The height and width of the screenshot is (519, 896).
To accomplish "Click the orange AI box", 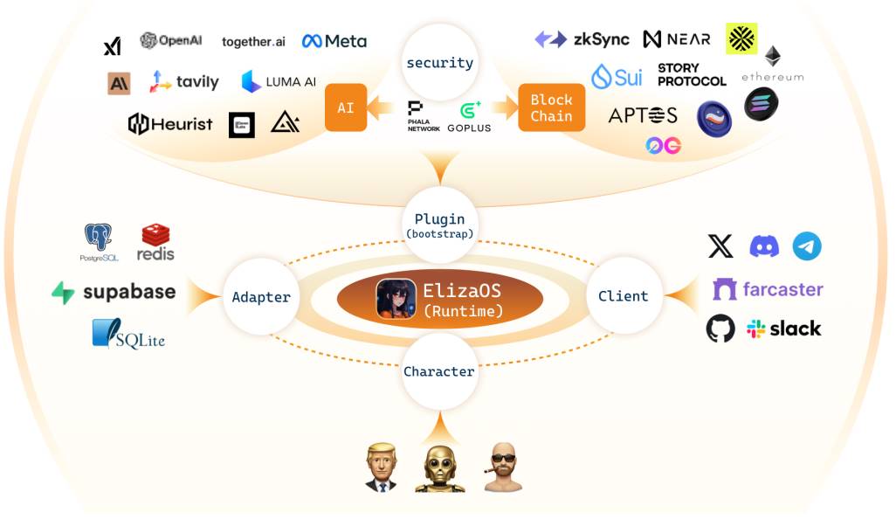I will click(346, 107).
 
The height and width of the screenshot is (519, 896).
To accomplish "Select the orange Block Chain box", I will click(551, 107).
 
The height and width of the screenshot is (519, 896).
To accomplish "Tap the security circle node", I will click(439, 63).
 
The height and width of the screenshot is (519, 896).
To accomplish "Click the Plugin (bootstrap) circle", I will click(439, 225).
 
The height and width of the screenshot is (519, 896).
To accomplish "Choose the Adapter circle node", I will click(261, 297).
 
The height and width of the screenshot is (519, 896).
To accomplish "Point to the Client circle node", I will click(623, 296).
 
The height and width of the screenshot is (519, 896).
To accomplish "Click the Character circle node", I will click(439, 371).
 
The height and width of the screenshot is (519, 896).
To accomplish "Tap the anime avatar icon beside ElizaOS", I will click(396, 298).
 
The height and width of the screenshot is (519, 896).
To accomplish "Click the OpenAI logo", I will click(172, 41).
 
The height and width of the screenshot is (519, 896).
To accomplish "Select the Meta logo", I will click(334, 41).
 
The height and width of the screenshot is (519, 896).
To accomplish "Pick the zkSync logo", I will click(582, 39).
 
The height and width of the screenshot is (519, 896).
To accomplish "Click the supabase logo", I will click(114, 292).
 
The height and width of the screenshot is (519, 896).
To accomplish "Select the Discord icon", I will click(764, 246).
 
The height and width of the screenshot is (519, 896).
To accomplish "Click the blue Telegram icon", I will click(807, 246).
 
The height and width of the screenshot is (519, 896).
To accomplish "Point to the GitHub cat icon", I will click(720, 329).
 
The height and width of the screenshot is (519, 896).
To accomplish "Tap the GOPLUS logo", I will click(469, 115).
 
